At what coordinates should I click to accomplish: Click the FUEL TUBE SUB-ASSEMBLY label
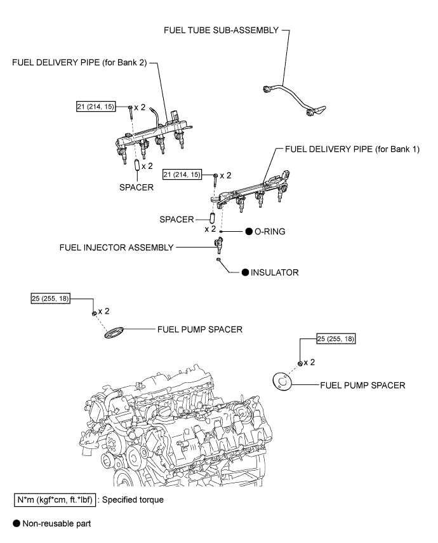coord(222,30)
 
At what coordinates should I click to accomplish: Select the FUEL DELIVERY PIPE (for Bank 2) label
coord(79,63)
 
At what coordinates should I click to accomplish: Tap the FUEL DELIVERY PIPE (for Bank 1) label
coord(352,149)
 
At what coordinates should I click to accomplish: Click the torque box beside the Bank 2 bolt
coord(96,107)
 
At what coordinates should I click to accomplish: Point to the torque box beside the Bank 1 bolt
coord(182,175)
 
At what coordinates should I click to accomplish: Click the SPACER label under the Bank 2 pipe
coord(136,187)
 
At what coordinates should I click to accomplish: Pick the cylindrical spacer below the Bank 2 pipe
coord(137,165)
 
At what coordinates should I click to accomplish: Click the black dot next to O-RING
coord(249,231)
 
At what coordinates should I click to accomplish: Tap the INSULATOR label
coord(275,272)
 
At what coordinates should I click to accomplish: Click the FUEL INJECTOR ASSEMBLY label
coord(116,248)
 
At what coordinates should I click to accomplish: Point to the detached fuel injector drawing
coord(219,245)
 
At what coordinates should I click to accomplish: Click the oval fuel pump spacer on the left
coord(114,332)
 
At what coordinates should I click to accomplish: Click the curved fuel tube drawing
coord(295,98)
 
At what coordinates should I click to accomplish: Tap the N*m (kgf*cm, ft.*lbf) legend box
coord(55,500)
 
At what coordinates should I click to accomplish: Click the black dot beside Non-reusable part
coord(17,523)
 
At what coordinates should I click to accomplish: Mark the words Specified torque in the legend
coord(133,500)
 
